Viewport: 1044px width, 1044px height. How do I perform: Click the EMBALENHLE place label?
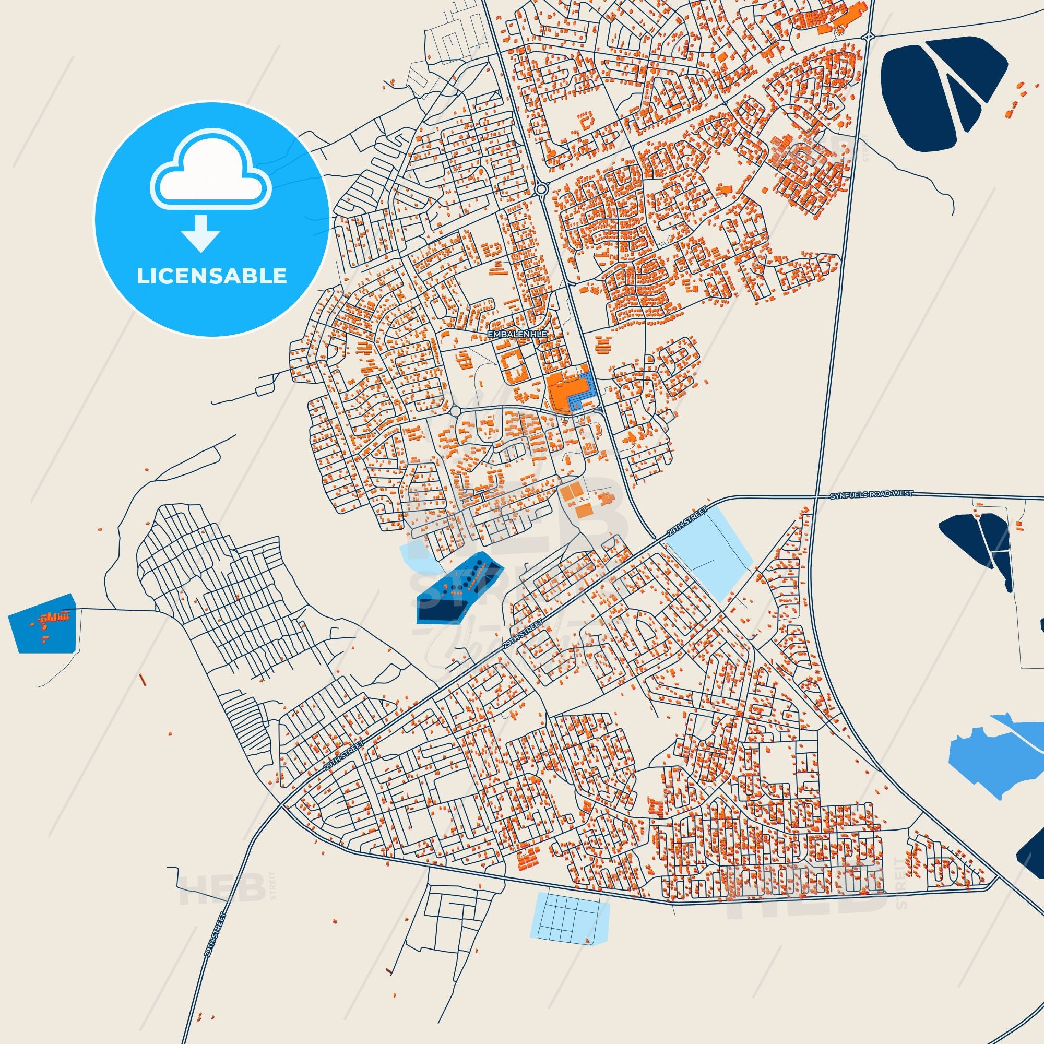(x=518, y=335)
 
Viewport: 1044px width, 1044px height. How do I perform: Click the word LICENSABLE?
(x=211, y=276)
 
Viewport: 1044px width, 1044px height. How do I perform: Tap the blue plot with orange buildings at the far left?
(x=42, y=624)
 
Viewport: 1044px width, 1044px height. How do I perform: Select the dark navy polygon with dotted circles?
(x=460, y=586)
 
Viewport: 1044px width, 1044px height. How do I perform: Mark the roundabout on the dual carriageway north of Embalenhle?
(x=541, y=189)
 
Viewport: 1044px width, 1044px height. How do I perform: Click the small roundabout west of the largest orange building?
(x=456, y=412)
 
